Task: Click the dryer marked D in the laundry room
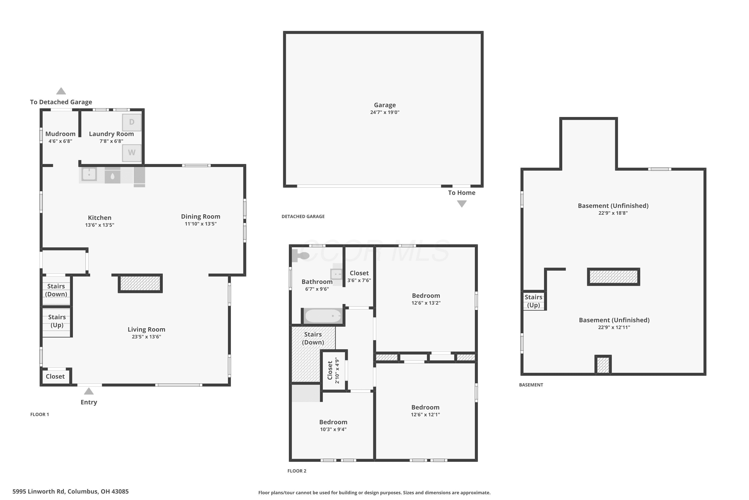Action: pyautogui.click(x=132, y=122)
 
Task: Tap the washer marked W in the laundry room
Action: pyautogui.click(x=132, y=153)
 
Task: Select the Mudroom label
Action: pyautogui.click(x=60, y=134)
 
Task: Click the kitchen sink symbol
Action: pyautogui.click(x=89, y=175)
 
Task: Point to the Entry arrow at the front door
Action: pyautogui.click(x=89, y=391)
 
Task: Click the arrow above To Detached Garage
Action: pyautogui.click(x=61, y=91)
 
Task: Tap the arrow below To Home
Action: pyautogui.click(x=462, y=204)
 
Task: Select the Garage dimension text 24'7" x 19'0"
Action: pyautogui.click(x=385, y=112)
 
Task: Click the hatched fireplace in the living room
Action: pyautogui.click(x=140, y=283)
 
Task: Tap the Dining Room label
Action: pyautogui.click(x=201, y=216)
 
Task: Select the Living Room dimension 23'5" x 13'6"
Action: pyautogui.click(x=147, y=337)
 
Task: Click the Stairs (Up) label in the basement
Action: pyautogui.click(x=533, y=301)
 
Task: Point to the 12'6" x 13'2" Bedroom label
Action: pyautogui.click(x=426, y=299)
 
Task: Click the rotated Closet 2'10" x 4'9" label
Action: pyautogui.click(x=333, y=370)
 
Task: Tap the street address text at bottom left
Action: pyautogui.click(x=71, y=491)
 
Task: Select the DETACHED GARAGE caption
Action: pyautogui.click(x=303, y=216)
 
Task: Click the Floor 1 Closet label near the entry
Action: pyautogui.click(x=55, y=376)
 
